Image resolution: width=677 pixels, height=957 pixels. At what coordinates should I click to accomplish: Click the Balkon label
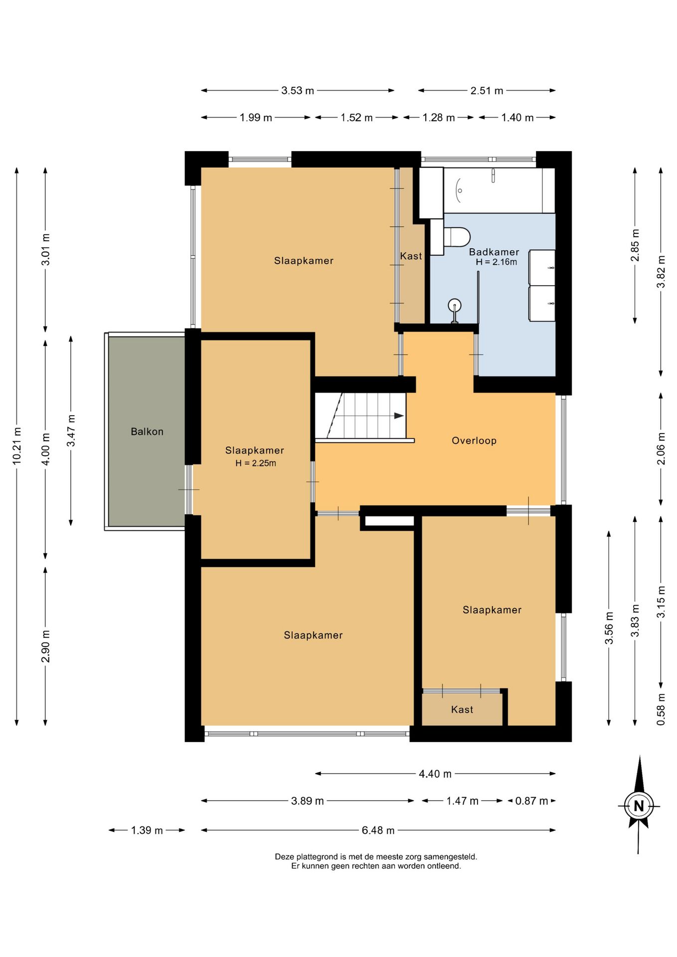click(147, 432)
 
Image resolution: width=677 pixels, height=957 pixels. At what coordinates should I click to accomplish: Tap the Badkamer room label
click(494, 252)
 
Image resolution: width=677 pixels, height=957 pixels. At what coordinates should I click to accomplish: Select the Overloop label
click(474, 441)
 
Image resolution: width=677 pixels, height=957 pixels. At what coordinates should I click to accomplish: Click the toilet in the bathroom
click(456, 237)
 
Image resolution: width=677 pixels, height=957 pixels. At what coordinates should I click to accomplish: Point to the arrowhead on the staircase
click(399, 416)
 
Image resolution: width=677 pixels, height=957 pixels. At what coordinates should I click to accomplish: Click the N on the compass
click(639, 806)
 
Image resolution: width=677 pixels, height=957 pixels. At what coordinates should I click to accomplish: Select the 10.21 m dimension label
click(17, 446)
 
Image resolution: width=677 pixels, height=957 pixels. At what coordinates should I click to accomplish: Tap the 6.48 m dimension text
click(378, 830)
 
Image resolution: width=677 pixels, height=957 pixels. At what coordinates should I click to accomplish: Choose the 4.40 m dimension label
click(435, 774)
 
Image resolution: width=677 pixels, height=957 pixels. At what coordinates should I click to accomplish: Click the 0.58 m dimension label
click(661, 709)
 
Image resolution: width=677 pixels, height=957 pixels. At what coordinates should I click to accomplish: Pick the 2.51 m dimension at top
click(487, 91)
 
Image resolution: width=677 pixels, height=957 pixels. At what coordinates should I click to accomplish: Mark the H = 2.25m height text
click(256, 463)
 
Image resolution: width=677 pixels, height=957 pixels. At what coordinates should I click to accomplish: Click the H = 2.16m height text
click(497, 262)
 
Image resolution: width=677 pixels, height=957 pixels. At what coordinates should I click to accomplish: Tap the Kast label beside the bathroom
click(411, 256)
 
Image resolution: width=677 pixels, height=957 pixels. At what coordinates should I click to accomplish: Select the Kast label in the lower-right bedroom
click(462, 710)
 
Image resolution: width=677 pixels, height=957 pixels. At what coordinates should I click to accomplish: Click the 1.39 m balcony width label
click(147, 830)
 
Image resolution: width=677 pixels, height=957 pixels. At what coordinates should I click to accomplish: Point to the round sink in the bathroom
click(455, 305)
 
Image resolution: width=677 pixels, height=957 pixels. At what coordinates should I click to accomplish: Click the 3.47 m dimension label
click(71, 431)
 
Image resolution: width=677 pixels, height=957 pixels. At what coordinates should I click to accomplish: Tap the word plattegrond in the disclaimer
click(317, 857)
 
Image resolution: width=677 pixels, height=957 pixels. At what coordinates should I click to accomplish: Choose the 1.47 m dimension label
click(462, 801)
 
